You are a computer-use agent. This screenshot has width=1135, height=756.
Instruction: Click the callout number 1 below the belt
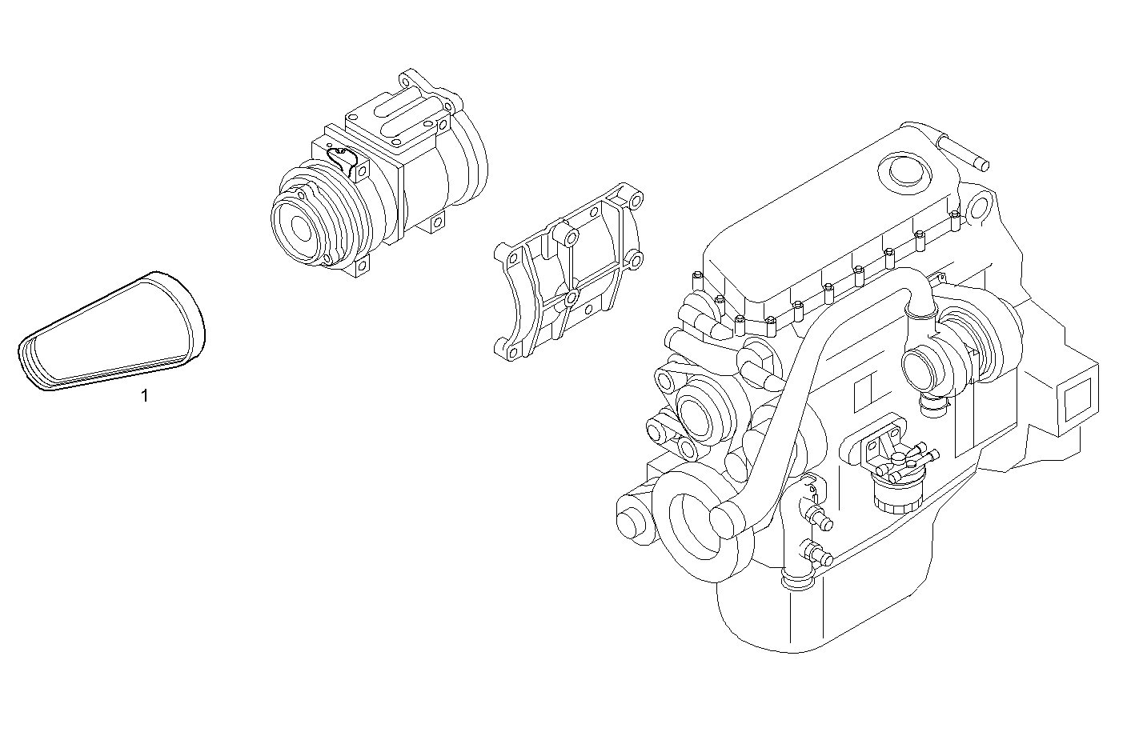tap(145, 395)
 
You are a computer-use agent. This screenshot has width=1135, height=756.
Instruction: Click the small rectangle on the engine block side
tap(864, 390)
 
